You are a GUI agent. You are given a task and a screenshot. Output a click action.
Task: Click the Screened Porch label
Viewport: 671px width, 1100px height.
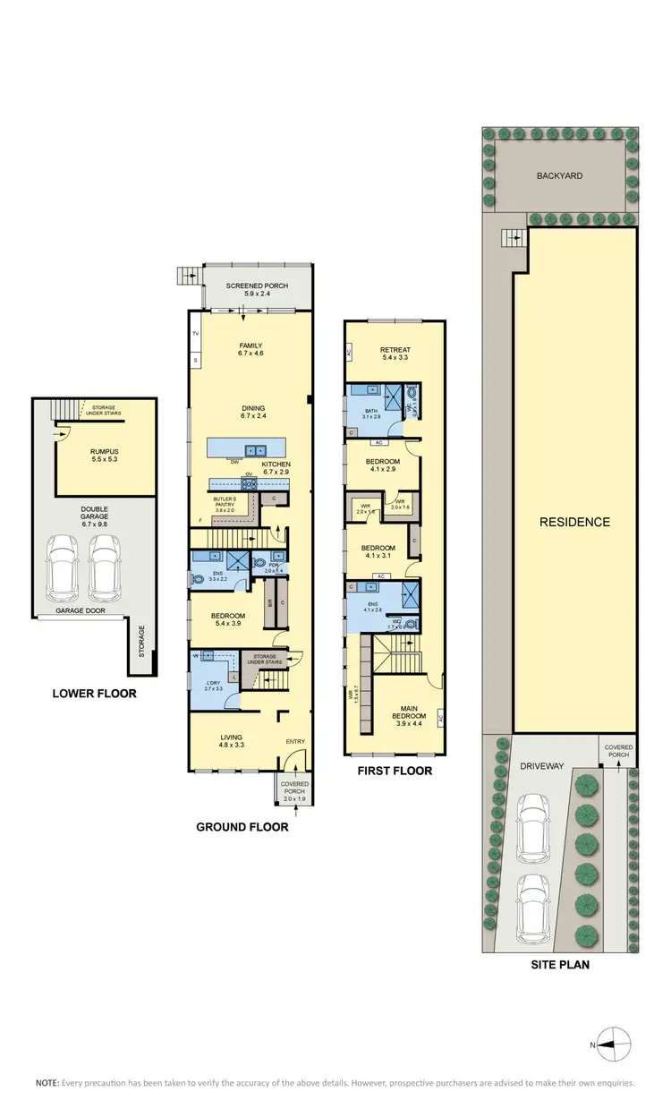(250, 288)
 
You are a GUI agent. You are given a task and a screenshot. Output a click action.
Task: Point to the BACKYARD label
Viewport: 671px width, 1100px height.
(561, 176)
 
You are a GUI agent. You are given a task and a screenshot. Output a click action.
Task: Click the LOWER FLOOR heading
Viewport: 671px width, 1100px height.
(94, 693)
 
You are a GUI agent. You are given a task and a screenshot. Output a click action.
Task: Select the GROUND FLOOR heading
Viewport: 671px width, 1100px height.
(242, 827)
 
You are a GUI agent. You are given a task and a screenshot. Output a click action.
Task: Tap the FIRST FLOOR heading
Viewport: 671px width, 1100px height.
(394, 771)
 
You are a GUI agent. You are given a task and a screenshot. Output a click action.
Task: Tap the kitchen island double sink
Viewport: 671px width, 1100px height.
(257, 449)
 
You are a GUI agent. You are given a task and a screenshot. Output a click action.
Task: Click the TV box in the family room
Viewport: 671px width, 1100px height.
(195, 334)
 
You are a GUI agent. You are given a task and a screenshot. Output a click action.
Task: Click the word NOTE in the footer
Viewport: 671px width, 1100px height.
(47, 1082)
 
